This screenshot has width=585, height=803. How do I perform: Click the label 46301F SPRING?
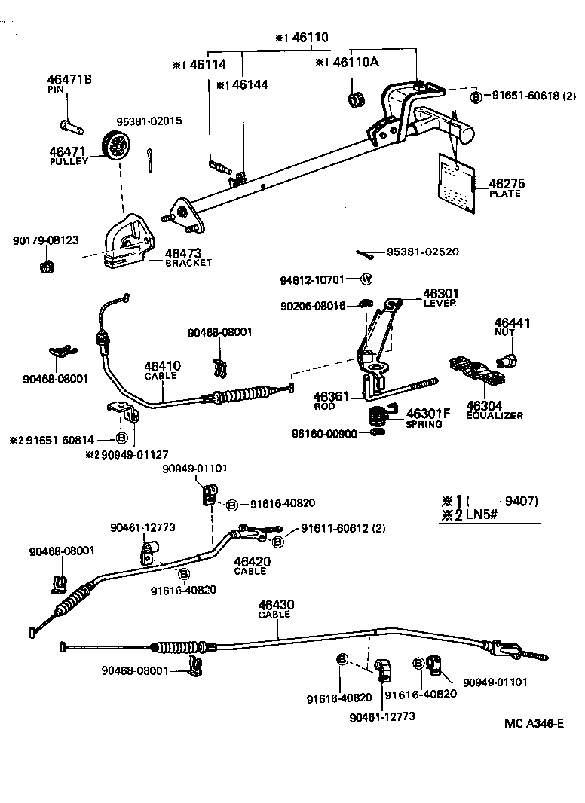tap(427, 418)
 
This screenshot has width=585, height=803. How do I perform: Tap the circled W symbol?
tap(366, 279)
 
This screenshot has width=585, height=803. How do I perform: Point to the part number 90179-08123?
tap(46, 240)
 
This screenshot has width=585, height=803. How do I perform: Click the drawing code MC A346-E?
tap(534, 724)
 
